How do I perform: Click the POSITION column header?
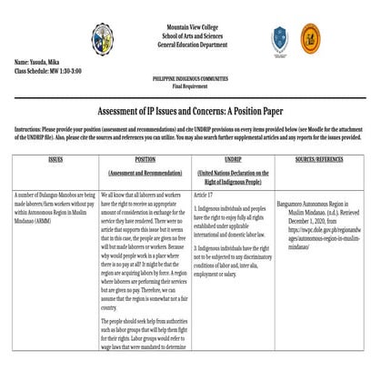(x=145, y=158)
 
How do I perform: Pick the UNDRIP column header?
(x=231, y=158)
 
